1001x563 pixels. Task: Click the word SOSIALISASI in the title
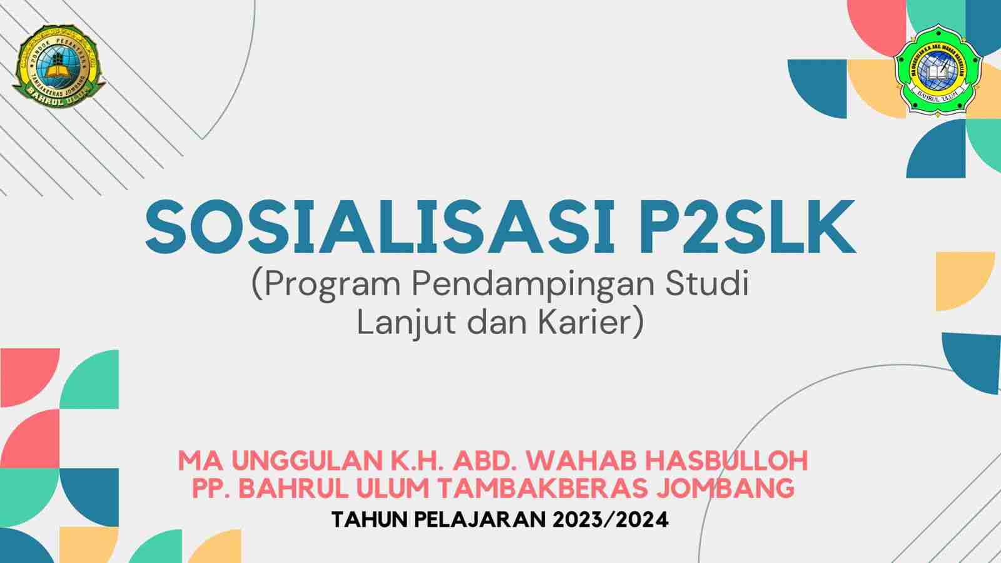(x=380, y=228)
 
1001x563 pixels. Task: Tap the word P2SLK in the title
(x=747, y=228)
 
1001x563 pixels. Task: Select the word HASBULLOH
(x=726, y=461)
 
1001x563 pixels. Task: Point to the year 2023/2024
(x=611, y=520)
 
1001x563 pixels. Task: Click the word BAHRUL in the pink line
(x=295, y=488)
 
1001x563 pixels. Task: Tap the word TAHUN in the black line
(x=369, y=520)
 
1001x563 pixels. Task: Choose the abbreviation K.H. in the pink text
(x=417, y=461)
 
